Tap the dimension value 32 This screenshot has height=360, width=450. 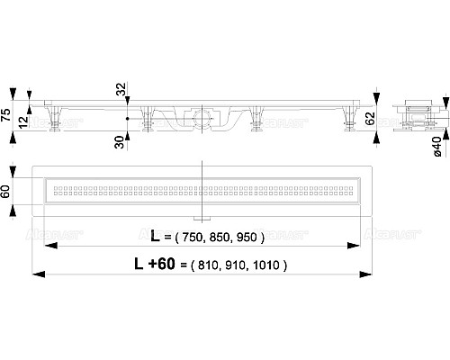point(121,92)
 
